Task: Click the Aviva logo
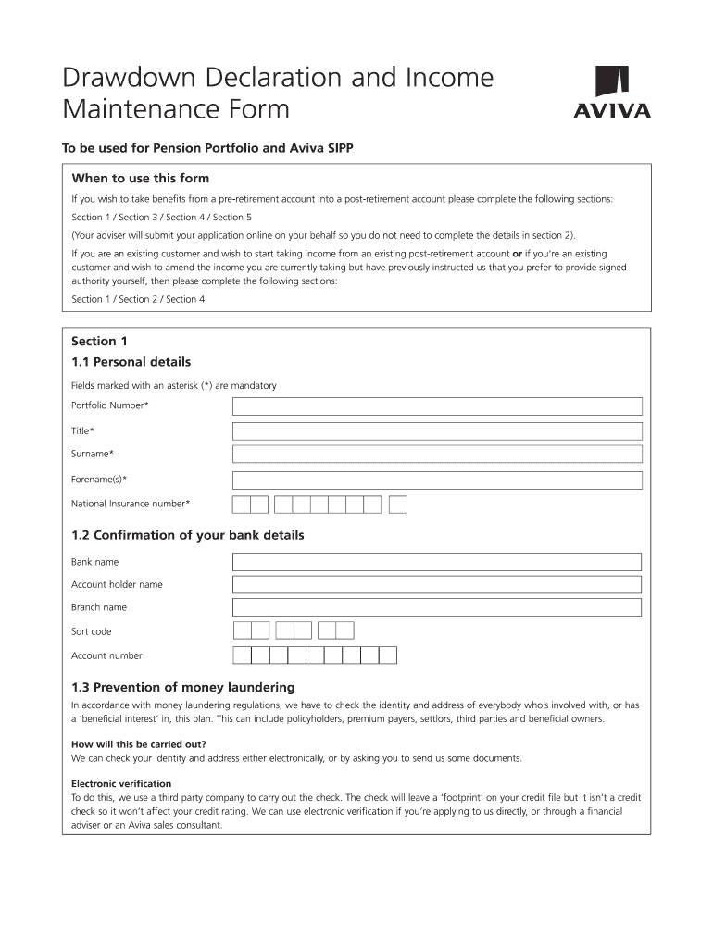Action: pyautogui.click(x=612, y=93)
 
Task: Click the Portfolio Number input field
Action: pyautogui.click(x=437, y=406)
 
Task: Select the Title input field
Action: pyautogui.click(x=437, y=431)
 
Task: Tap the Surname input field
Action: pyautogui.click(x=437, y=455)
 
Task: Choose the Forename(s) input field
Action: pyautogui.click(x=437, y=480)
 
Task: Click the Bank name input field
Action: pyautogui.click(x=437, y=562)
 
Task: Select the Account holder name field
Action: pyautogui.click(x=437, y=585)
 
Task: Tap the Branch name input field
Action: pyautogui.click(x=437, y=607)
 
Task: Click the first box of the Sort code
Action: pyautogui.click(x=243, y=631)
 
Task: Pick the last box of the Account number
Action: pyautogui.click(x=388, y=655)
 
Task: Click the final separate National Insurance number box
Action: pyautogui.click(x=398, y=505)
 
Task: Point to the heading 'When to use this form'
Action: pyautogui.click(x=141, y=179)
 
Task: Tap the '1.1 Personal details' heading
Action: pyautogui.click(x=131, y=362)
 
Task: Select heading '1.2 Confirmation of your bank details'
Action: pyautogui.click(x=187, y=536)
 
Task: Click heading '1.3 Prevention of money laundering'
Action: pyautogui.click(x=182, y=688)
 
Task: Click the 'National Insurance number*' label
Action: pyautogui.click(x=131, y=505)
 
